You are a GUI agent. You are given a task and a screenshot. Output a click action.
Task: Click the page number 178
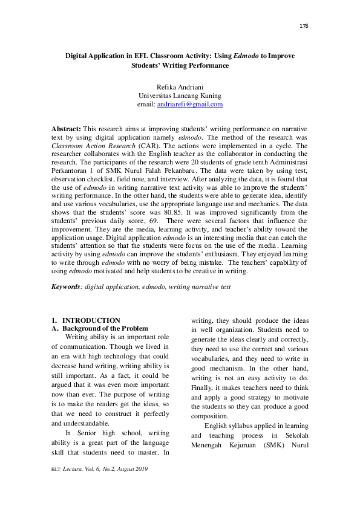(304, 26)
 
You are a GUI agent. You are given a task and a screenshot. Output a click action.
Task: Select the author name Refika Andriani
(180, 87)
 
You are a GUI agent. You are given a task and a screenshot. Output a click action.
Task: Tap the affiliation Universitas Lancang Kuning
(180, 96)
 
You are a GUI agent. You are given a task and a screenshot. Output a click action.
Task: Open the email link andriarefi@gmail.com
(190, 104)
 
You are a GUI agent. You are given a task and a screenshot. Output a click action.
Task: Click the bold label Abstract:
(66, 129)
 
